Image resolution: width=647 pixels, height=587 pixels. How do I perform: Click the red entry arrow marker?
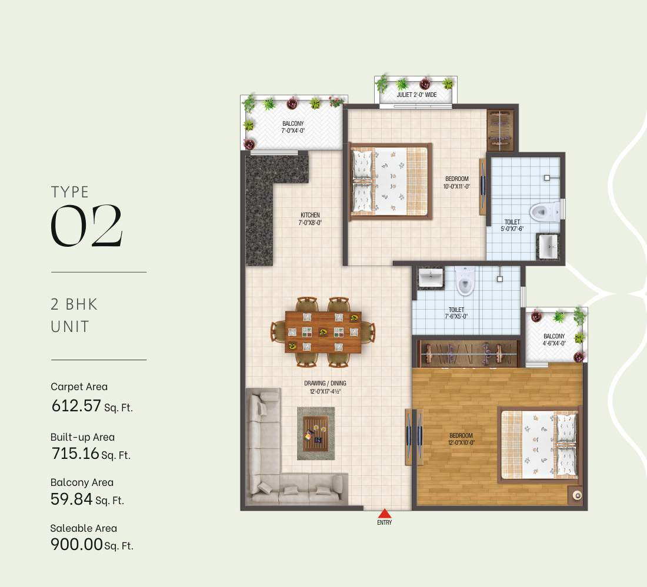point(384,513)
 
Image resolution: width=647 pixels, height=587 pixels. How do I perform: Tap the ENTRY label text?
point(384,522)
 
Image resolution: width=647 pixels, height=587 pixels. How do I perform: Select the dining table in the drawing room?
point(323,331)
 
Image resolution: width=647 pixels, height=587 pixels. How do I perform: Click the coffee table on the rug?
point(315,433)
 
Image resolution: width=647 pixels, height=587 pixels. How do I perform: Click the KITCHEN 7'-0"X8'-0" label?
point(310,219)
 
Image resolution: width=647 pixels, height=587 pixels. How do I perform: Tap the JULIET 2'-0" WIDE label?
point(416,94)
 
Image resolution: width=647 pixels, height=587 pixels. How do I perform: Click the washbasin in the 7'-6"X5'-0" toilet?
point(431,279)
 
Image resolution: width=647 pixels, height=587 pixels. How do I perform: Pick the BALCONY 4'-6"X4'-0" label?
point(554,340)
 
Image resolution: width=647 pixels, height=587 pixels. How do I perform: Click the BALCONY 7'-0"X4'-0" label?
point(293,126)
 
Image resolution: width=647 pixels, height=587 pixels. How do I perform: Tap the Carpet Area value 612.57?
point(76,406)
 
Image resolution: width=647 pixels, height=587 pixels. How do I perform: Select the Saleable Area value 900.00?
point(76,544)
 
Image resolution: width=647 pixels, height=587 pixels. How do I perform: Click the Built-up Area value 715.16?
point(75,454)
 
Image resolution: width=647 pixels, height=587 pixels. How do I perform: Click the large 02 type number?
point(86,227)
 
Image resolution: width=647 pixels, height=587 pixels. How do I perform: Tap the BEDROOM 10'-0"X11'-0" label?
point(456,182)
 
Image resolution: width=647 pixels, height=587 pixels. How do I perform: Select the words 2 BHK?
point(74,304)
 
